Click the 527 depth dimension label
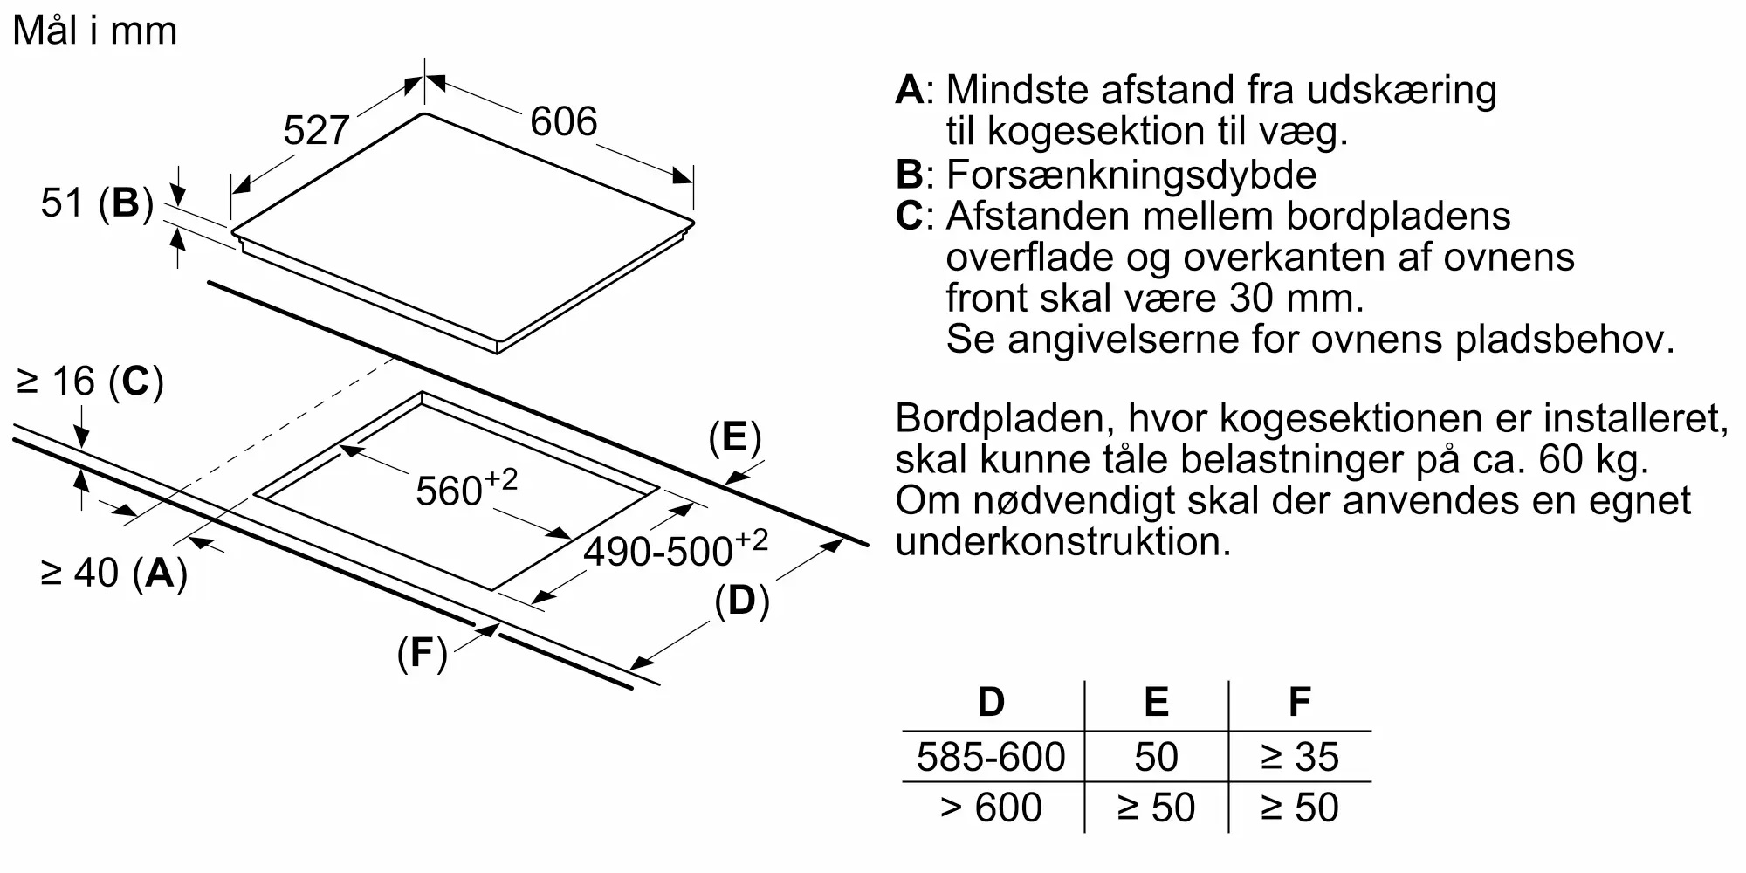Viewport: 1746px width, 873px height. tap(316, 131)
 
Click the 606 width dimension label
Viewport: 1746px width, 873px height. tap(563, 121)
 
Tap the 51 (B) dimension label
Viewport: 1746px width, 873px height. tap(96, 203)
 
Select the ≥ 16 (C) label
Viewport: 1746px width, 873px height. tap(90, 382)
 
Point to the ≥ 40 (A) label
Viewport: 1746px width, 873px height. tap(113, 574)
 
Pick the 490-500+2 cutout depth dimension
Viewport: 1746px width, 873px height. tap(675, 549)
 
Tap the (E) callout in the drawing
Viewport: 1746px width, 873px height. tap(734, 437)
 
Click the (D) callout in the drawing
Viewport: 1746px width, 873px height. tap(741, 601)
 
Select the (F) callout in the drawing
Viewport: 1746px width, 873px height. tap(422, 653)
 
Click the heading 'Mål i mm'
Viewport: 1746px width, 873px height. tap(95, 31)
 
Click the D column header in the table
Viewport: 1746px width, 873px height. tap(991, 702)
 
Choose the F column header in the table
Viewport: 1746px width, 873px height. tap(1299, 702)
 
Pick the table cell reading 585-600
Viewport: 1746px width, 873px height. tap(991, 757)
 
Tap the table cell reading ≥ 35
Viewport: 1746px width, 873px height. tap(1299, 757)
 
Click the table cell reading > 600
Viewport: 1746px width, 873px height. tap(991, 808)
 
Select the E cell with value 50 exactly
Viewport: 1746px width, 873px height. tap(1156, 757)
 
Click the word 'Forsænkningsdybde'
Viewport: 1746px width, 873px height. tap(1131, 175)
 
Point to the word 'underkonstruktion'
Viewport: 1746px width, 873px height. tap(1062, 542)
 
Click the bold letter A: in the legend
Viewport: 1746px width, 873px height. tap(913, 90)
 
